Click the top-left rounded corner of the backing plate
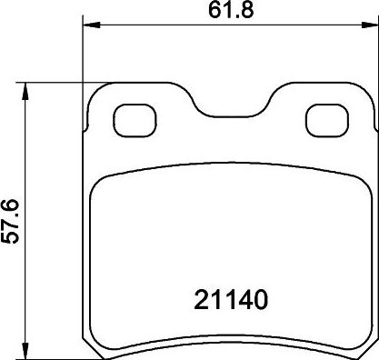(99, 92)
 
